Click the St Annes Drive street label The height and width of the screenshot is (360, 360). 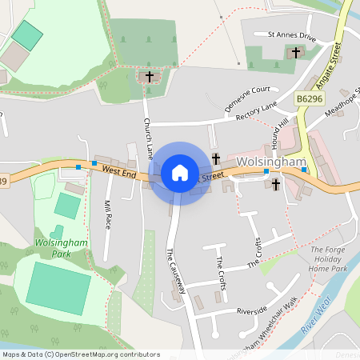(292, 36)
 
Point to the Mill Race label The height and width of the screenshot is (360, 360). (107, 214)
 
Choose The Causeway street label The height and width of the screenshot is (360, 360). (176, 270)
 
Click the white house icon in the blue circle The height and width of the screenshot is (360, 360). (180, 173)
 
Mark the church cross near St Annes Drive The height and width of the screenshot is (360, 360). (296, 53)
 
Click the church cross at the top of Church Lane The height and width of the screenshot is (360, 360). (149, 77)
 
